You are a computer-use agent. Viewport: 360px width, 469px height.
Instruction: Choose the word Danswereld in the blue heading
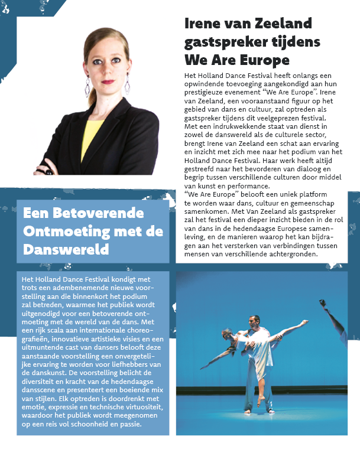click(x=66, y=249)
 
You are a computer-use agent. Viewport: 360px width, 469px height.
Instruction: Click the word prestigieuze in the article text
click(x=210, y=93)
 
